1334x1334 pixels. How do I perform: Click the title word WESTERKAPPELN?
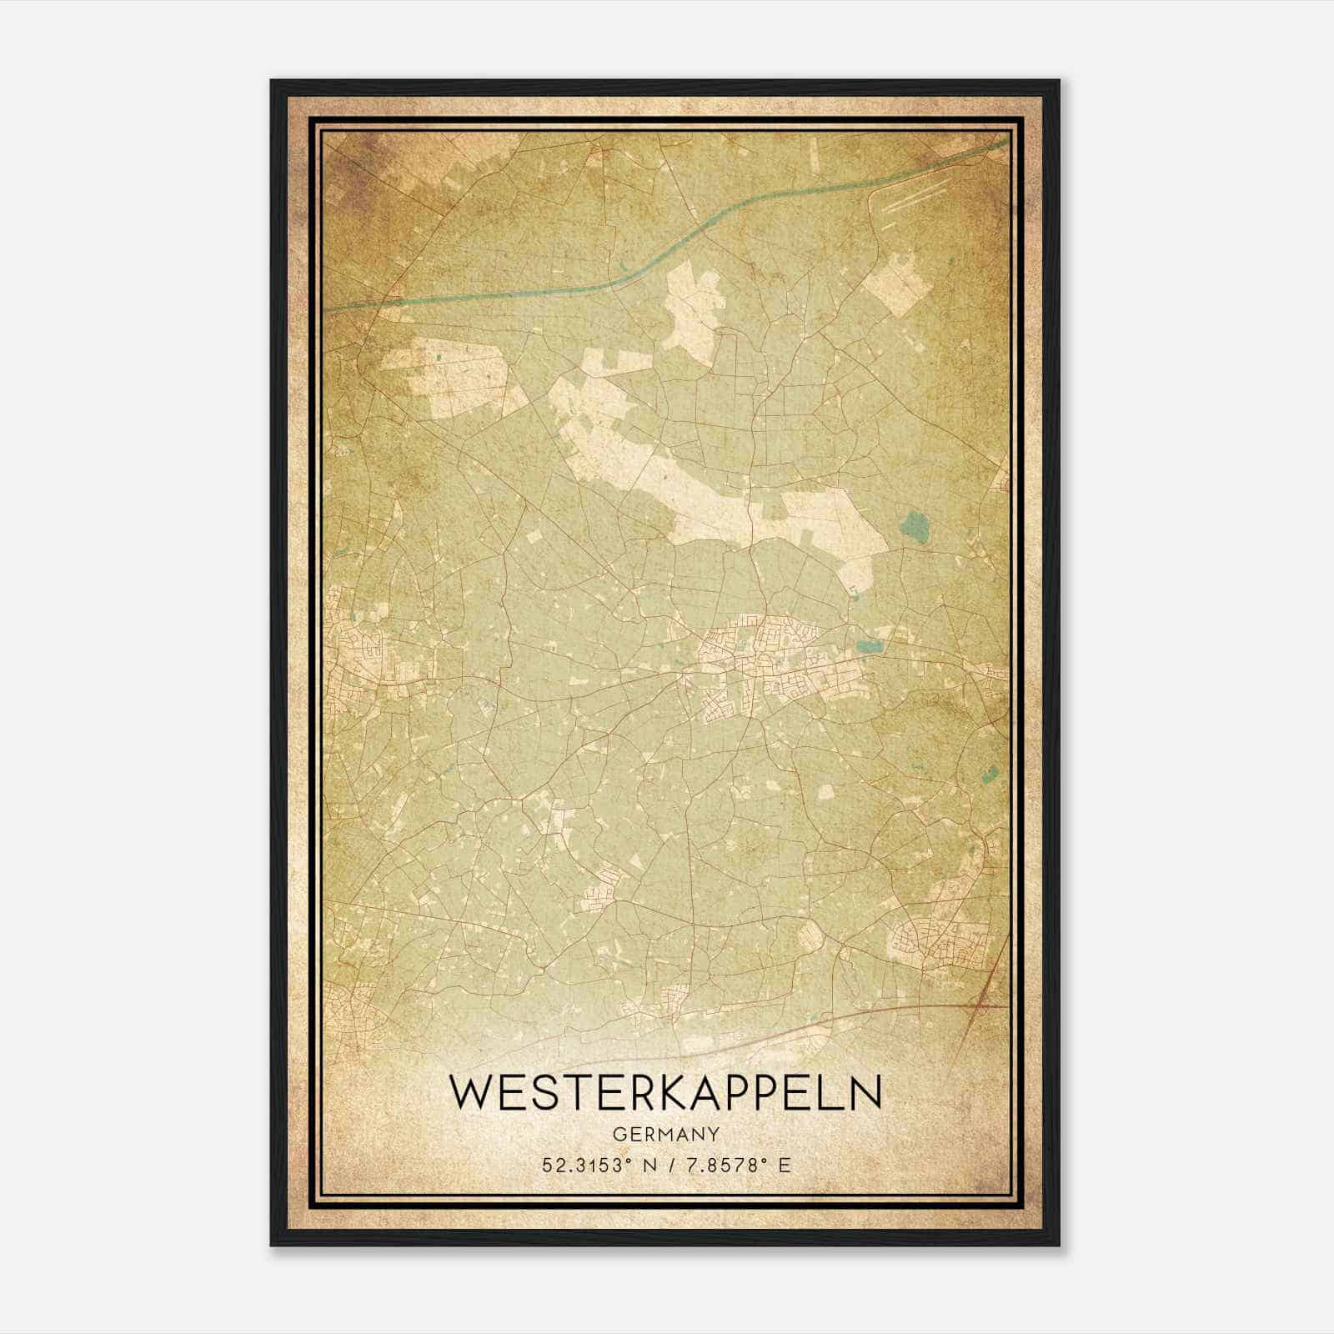tap(664, 1094)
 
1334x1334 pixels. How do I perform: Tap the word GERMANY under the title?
tap(664, 1134)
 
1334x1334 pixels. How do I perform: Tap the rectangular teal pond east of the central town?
tap(868, 646)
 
